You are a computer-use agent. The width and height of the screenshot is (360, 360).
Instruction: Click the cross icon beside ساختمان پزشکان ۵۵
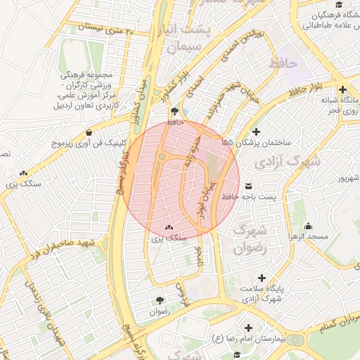point(256,131)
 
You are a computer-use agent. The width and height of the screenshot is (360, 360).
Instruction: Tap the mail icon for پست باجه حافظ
point(249,186)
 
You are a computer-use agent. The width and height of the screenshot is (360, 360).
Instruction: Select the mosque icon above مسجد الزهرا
point(308,226)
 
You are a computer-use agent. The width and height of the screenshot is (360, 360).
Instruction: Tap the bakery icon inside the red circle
point(169,228)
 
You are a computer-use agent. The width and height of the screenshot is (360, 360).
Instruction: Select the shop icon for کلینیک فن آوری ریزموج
point(89,132)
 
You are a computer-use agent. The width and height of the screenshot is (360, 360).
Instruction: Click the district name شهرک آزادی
point(294,161)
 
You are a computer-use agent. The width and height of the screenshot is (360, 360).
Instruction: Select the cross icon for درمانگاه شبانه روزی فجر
point(342,89)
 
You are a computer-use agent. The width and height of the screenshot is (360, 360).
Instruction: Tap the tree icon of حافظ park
point(174,111)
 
